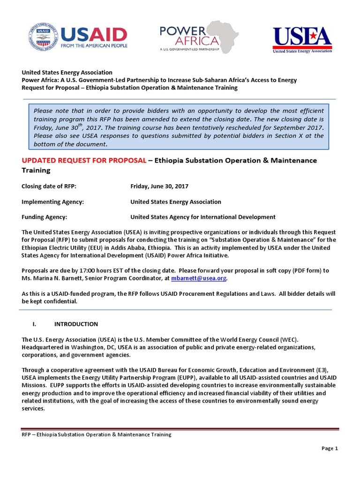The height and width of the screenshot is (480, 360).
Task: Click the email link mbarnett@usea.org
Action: click(204, 278)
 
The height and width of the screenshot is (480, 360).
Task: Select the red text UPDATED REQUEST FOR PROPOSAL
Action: click(84, 160)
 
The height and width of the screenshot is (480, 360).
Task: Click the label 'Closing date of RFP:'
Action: click(49, 186)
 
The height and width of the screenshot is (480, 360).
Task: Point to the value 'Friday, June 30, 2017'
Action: click(159, 186)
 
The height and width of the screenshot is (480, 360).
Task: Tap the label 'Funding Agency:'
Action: click(45, 217)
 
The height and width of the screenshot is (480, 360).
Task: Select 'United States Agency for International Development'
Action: click(202, 217)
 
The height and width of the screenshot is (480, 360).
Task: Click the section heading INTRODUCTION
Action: click(76, 324)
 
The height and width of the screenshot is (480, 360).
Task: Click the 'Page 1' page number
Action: click(330, 449)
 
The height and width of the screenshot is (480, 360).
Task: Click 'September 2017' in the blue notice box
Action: click(300, 127)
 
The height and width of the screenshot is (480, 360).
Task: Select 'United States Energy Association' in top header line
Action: click(67, 72)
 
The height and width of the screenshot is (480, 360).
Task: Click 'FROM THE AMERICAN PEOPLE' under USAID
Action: click(93, 47)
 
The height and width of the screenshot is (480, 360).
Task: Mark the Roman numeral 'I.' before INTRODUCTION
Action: click(34, 324)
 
